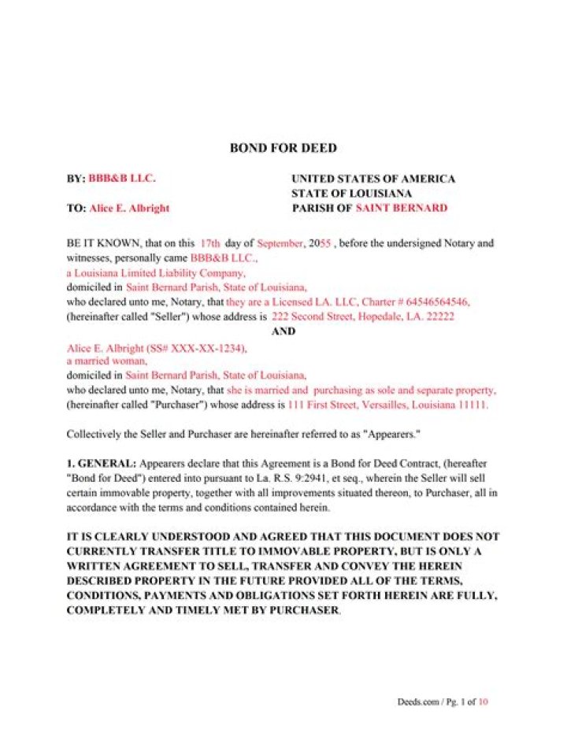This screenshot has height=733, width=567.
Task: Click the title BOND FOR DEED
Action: coord(283,148)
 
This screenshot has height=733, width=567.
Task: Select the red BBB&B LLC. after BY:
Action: coord(122,179)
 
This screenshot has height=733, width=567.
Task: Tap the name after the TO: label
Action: coord(129,209)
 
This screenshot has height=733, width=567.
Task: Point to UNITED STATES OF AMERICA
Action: coord(372,179)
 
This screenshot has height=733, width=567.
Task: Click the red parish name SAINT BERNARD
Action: coord(401,209)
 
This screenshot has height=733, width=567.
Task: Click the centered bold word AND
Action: coord(283,331)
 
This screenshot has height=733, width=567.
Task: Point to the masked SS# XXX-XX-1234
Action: coord(206,347)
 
